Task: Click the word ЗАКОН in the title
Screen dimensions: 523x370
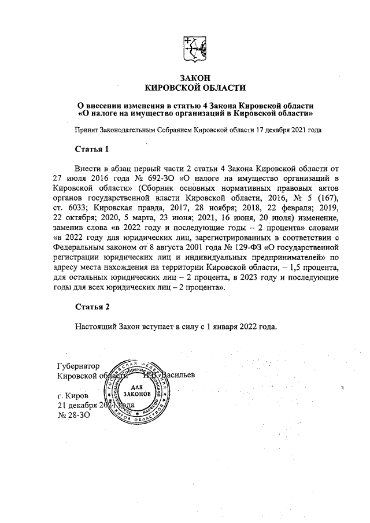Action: point(194,78)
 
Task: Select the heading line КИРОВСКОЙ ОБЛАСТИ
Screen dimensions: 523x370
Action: point(194,88)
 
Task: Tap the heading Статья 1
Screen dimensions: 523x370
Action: point(92,150)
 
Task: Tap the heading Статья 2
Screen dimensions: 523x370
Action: point(92,306)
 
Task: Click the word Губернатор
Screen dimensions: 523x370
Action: point(79,366)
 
